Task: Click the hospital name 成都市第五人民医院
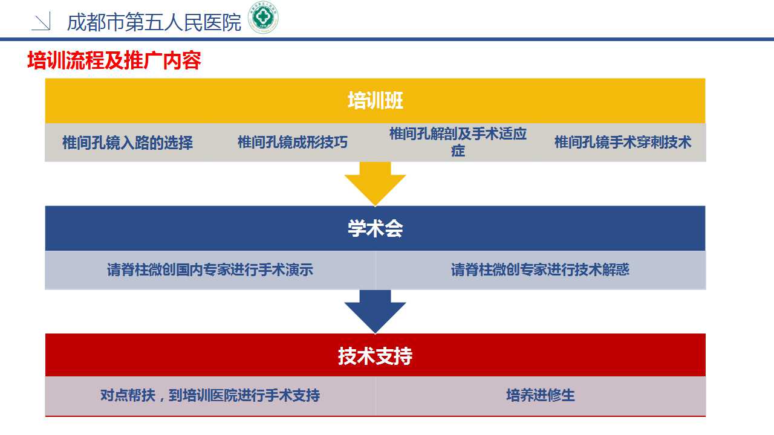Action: (x=154, y=22)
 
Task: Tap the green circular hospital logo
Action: (x=263, y=18)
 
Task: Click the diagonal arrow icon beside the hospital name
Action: (x=42, y=21)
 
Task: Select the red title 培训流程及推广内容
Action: (x=114, y=60)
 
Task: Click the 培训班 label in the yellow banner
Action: (x=376, y=100)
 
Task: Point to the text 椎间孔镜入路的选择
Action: (x=128, y=143)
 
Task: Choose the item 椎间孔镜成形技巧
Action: (x=292, y=142)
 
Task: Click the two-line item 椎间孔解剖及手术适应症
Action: (x=458, y=142)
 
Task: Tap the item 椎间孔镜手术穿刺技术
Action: (x=623, y=142)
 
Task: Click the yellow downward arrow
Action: (x=376, y=184)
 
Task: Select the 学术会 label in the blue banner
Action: (x=376, y=228)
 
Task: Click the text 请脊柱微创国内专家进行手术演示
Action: (x=210, y=269)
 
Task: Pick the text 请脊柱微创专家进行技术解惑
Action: (x=540, y=269)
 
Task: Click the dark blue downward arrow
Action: (x=376, y=311)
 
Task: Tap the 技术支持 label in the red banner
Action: (x=376, y=356)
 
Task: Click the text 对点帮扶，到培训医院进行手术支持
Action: (x=210, y=395)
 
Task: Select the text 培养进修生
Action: (x=541, y=395)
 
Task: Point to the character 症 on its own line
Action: (x=458, y=151)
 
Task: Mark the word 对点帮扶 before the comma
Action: (x=128, y=395)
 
